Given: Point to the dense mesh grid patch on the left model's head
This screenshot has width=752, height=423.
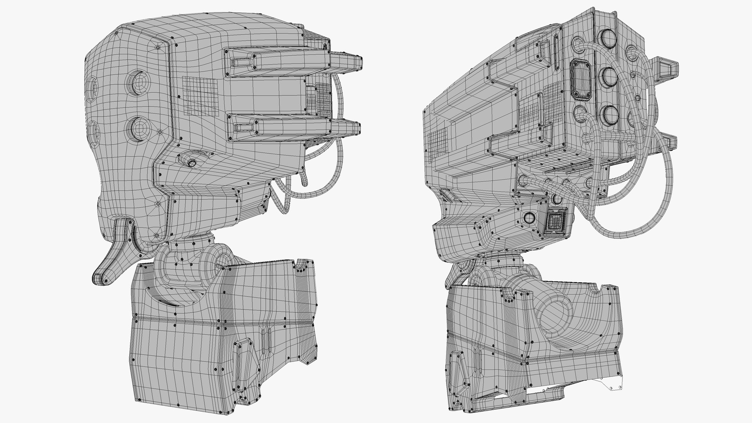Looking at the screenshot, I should point(200,96).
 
